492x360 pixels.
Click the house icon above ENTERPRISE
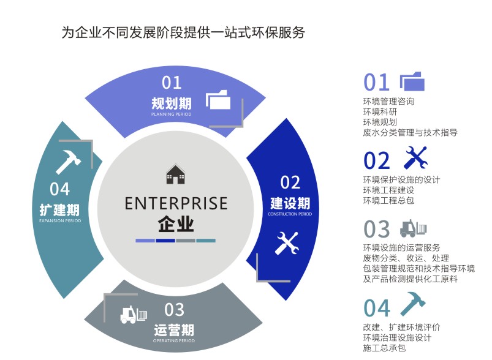[x=175, y=175]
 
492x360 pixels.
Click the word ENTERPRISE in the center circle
[x=176, y=203]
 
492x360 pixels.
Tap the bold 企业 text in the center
[x=176, y=223]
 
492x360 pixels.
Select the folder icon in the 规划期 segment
[x=218, y=99]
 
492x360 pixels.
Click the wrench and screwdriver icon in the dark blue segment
[x=286, y=243]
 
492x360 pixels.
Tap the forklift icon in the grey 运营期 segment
[x=134, y=315]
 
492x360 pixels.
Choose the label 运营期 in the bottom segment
[x=174, y=331]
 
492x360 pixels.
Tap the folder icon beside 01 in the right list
[x=412, y=81]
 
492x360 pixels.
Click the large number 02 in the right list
[x=377, y=160]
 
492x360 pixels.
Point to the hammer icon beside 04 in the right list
[x=412, y=304]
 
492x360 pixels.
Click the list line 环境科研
[x=380, y=111]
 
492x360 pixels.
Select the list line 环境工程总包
[x=388, y=200]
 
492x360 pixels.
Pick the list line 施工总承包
[x=384, y=348]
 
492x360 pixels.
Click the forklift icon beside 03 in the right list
[x=413, y=228]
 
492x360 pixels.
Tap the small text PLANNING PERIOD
[x=172, y=114]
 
